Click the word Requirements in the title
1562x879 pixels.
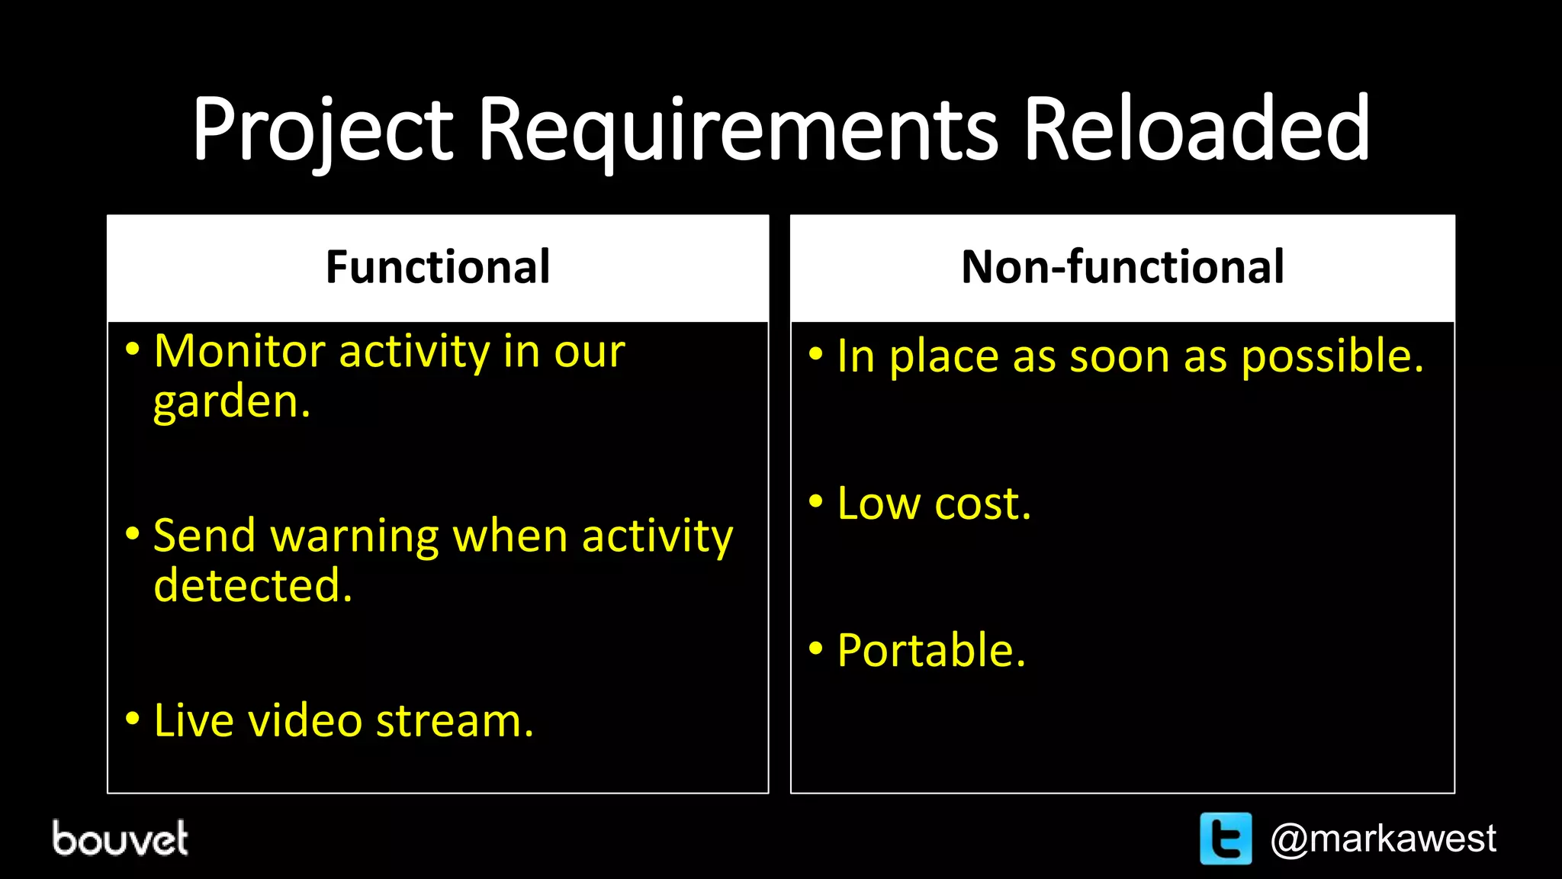click(x=738, y=130)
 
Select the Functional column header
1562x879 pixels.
click(x=438, y=267)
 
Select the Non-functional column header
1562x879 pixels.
click(x=1123, y=267)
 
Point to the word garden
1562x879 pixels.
click(x=231, y=402)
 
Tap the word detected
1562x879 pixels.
click(x=252, y=585)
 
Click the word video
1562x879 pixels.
click(x=305, y=720)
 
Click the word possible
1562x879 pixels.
click(x=1332, y=357)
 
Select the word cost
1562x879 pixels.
click(x=982, y=504)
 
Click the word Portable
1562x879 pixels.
click(x=931, y=651)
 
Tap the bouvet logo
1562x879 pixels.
click(x=120, y=838)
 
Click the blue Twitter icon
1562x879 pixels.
click(x=1226, y=839)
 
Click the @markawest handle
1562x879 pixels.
click(x=1383, y=839)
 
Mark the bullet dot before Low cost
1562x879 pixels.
click(x=816, y=502)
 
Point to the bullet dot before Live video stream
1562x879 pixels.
click(x=133, y=718)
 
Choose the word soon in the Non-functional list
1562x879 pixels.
click(x=1119, y=357)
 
